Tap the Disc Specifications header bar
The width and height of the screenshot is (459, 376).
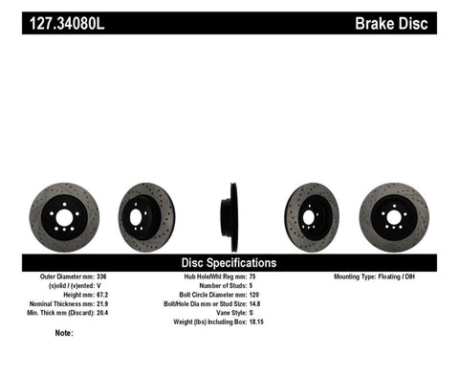click(x=229, y=262)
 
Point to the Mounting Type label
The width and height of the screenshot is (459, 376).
click(x=359, y=276)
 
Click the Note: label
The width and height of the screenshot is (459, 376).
click(x=64, y=333)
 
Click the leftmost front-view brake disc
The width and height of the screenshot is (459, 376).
click(x=64, y=217)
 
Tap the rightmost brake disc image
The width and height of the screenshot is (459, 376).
click(x=394, y=217)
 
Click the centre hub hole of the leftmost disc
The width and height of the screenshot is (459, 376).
click(x=64, y=217)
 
